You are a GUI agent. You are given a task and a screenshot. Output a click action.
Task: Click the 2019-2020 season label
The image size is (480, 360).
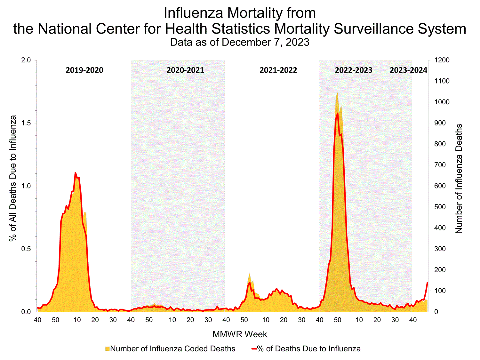pos(84,70)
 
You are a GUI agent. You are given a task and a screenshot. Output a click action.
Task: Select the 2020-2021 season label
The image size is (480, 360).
pos(185,70)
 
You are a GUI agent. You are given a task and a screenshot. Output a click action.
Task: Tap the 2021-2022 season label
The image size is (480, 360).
pos(278,70)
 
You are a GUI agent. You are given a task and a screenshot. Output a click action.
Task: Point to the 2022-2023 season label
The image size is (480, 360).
pos(354,70)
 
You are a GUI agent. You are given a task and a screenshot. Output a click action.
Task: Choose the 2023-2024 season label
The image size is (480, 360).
pos(409,70)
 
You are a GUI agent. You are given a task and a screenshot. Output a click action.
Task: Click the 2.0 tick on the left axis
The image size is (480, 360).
pos(26,60)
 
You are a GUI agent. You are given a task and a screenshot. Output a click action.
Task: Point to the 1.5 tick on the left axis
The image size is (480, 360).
pos(26,123)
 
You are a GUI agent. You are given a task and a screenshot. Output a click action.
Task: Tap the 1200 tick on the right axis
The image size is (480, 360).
pos(442,60)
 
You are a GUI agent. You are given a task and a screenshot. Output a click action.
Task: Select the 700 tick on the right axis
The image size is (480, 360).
pos(440,165)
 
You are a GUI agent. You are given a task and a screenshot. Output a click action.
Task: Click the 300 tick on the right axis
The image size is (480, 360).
pos(440,249)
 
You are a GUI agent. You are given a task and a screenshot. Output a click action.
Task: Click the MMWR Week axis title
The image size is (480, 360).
pos(240,334)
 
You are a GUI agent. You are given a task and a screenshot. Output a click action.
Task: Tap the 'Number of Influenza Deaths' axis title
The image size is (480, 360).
pos(459,179)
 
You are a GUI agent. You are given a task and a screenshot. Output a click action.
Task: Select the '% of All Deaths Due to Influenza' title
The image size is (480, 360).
pos(13,178)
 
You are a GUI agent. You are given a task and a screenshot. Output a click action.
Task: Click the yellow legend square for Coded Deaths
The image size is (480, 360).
pos(107,349)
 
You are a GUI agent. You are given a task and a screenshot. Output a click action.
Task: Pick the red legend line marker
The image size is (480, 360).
pos(254,349)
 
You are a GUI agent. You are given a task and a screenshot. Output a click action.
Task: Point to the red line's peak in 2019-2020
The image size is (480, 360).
pos(76,173)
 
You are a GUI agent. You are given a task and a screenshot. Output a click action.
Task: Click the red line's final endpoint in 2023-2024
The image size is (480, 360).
pos(427,283)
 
